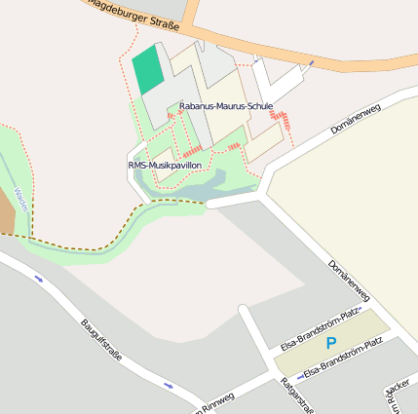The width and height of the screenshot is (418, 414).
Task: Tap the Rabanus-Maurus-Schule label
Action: [226, 105]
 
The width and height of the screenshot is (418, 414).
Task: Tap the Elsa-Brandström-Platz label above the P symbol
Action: [321, 328]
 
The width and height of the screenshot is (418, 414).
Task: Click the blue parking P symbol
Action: [330, 344]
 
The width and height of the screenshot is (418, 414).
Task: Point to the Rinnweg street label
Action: [216, 402]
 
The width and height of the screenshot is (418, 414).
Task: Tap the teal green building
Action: [147, 68]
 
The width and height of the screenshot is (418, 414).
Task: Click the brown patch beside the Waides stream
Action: [6, 220]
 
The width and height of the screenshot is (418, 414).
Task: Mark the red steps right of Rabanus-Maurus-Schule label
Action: [285, 122]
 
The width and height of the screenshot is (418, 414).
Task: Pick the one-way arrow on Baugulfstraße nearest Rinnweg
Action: [169, 385]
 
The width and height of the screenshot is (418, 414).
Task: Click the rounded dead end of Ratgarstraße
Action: [242, 311]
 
